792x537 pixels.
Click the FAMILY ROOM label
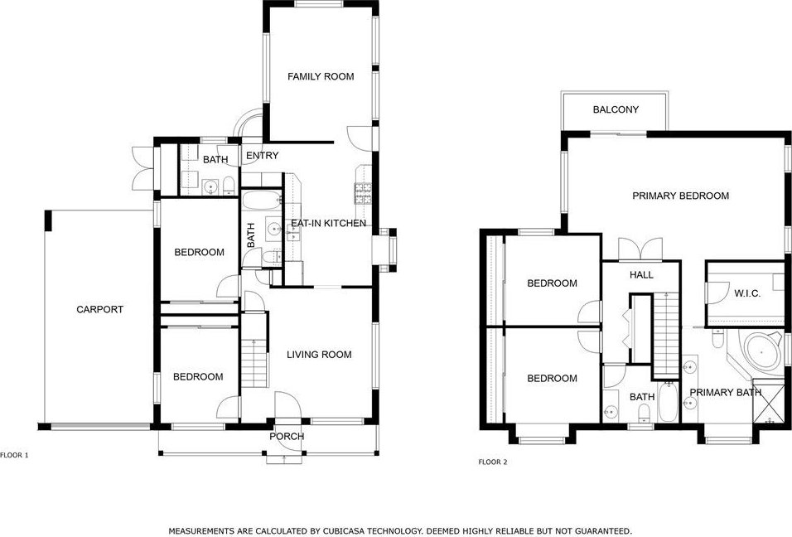click(321, 77)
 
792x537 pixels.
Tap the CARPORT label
click(99, 310)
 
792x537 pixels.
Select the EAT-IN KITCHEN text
click(328, 223)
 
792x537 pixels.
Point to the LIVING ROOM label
click(319, 355)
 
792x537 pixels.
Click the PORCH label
click(287, 437)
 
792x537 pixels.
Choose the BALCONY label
click(616, 109)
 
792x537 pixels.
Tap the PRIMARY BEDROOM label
click(681, 196)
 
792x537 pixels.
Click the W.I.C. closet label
click(747, 293)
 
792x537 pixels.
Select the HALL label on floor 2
click(641, 275)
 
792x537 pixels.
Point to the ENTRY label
click(262, 156)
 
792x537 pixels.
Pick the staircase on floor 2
click(667, 336)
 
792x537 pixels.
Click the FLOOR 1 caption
click(14, 455)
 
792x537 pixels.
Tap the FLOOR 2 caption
click(492, 462)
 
